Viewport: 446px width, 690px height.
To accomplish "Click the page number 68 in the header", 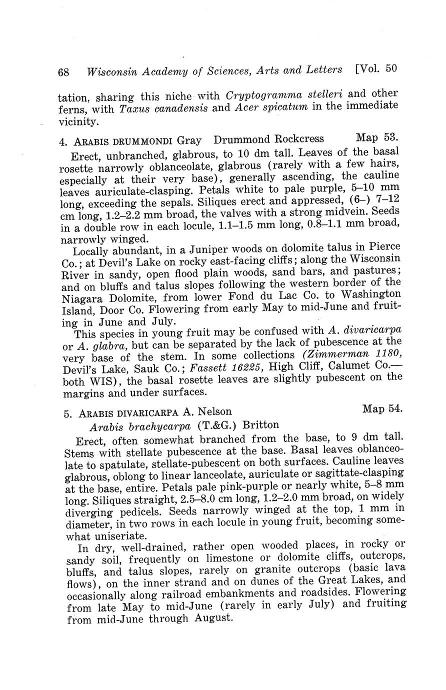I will pyautogui.click(x=63, y=72).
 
